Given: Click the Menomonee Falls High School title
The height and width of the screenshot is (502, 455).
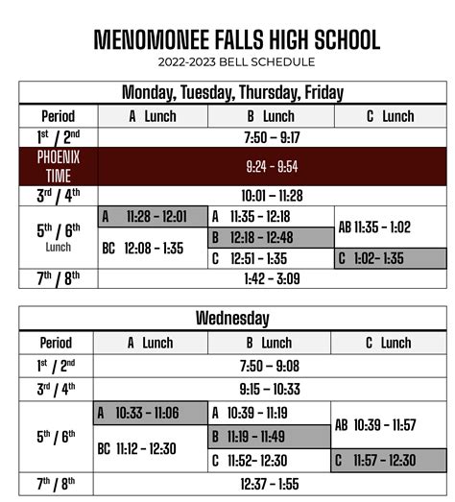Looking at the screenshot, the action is pos(236,39).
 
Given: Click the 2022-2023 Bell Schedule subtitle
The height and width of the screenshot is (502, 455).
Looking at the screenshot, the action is pos(236,62).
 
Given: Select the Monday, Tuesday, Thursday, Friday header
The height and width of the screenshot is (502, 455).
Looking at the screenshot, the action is pos(232,93).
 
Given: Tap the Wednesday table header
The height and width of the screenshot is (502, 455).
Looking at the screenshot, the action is pos(232,319).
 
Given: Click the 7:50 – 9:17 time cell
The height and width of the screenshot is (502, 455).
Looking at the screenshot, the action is pos(273,137).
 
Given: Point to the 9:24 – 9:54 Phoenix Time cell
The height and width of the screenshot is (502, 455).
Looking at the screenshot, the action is pos(273,166).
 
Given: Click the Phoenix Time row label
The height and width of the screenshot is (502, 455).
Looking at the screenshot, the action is pos(59,166).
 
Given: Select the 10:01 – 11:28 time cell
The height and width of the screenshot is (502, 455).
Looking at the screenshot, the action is pos(273,196).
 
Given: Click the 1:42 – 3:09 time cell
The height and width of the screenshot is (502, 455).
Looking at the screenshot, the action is pos(273,279).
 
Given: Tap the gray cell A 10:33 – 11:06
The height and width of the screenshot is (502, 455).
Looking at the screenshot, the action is pos(150,413).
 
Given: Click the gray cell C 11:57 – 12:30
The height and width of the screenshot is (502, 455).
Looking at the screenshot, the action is pos(389,462).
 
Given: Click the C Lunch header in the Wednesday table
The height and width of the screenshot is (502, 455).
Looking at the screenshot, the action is pos(389,343).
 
